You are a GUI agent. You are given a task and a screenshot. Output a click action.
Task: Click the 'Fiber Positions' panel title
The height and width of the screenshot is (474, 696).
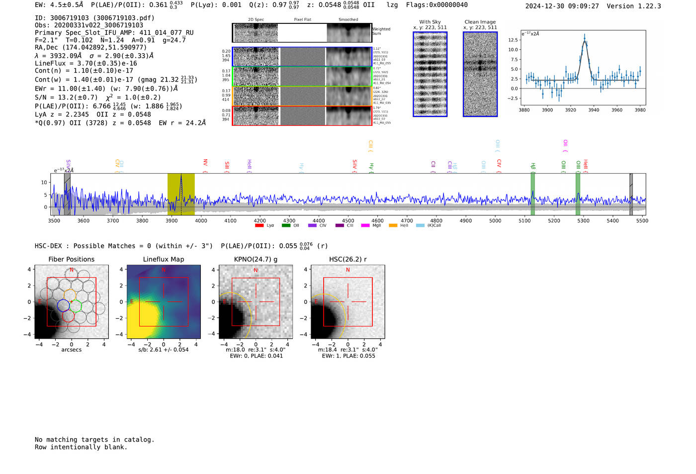tap(71, 259)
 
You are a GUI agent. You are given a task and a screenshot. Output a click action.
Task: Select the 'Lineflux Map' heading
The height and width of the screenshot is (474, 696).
tap(163, 259)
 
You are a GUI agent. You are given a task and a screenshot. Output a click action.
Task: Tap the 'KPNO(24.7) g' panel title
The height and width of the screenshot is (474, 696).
tap(256, 259)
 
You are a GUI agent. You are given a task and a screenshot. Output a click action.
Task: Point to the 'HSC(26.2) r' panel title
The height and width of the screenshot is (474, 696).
tap(348, 259)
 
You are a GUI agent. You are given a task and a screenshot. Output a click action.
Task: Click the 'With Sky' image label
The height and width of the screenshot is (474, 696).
tap(430, 22)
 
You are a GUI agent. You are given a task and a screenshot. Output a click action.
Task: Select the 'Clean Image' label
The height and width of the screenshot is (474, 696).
tap(480, 22)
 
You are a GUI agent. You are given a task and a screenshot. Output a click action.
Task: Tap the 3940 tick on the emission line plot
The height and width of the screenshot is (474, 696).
tap(594, 110)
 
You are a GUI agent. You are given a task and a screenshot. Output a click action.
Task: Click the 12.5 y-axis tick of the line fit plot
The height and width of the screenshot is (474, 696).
tap(513, 40)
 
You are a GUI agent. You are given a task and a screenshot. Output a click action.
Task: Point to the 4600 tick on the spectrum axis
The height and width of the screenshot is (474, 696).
tap(377, 220)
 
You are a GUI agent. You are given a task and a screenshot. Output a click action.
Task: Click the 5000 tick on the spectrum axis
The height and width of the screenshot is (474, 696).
tap(495, 220)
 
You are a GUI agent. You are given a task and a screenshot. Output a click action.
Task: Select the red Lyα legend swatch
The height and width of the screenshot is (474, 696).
tap(259, 225)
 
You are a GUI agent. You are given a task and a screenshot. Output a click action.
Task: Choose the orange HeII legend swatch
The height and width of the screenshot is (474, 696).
tap(393, 225)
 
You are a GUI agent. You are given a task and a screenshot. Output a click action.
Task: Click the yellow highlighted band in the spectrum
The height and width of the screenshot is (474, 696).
tap(181, 194)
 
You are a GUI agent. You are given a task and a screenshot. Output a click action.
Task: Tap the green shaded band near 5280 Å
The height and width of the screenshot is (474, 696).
tap(578, 194)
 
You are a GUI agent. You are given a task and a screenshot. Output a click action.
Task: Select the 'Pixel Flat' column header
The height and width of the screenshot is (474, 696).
tap(302, 19)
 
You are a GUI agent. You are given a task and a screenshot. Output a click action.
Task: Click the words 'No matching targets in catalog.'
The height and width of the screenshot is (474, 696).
tap(94, 440)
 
